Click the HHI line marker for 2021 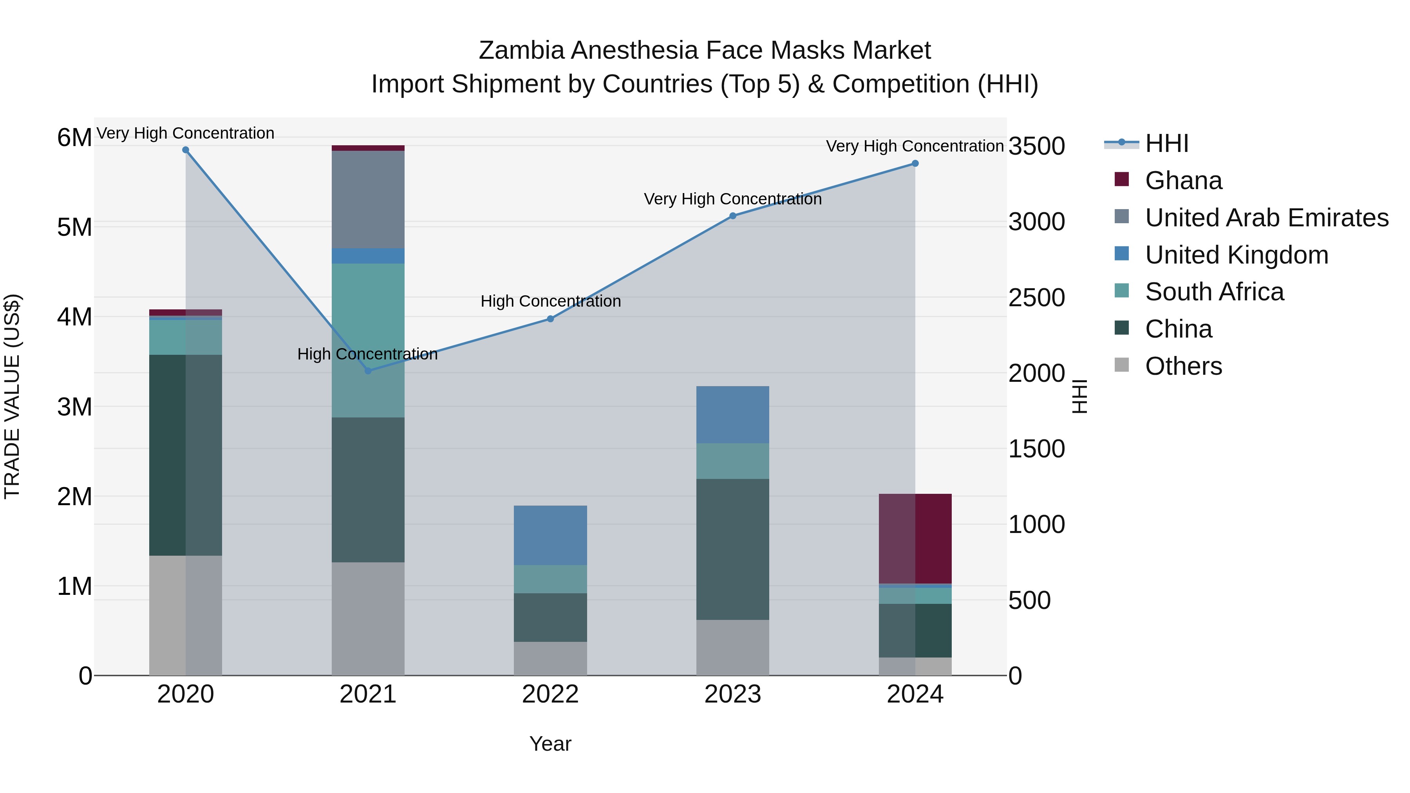(x=368, y=370)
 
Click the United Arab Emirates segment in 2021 (x=368, y=199)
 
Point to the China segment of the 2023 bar (x=732, y=549)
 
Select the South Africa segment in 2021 (x=368, y=340)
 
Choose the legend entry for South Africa (x=1214, y=292)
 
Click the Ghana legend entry (x=1183, y=181)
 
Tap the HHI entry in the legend (x=1166, y=143)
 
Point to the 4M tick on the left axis (x=74, y=317)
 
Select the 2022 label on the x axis (x=550, y=694)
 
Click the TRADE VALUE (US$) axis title (x=13, y=396)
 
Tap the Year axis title (x=550, y=744)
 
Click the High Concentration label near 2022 (x=550, y=301)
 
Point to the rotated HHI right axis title (x=1079, y=396)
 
